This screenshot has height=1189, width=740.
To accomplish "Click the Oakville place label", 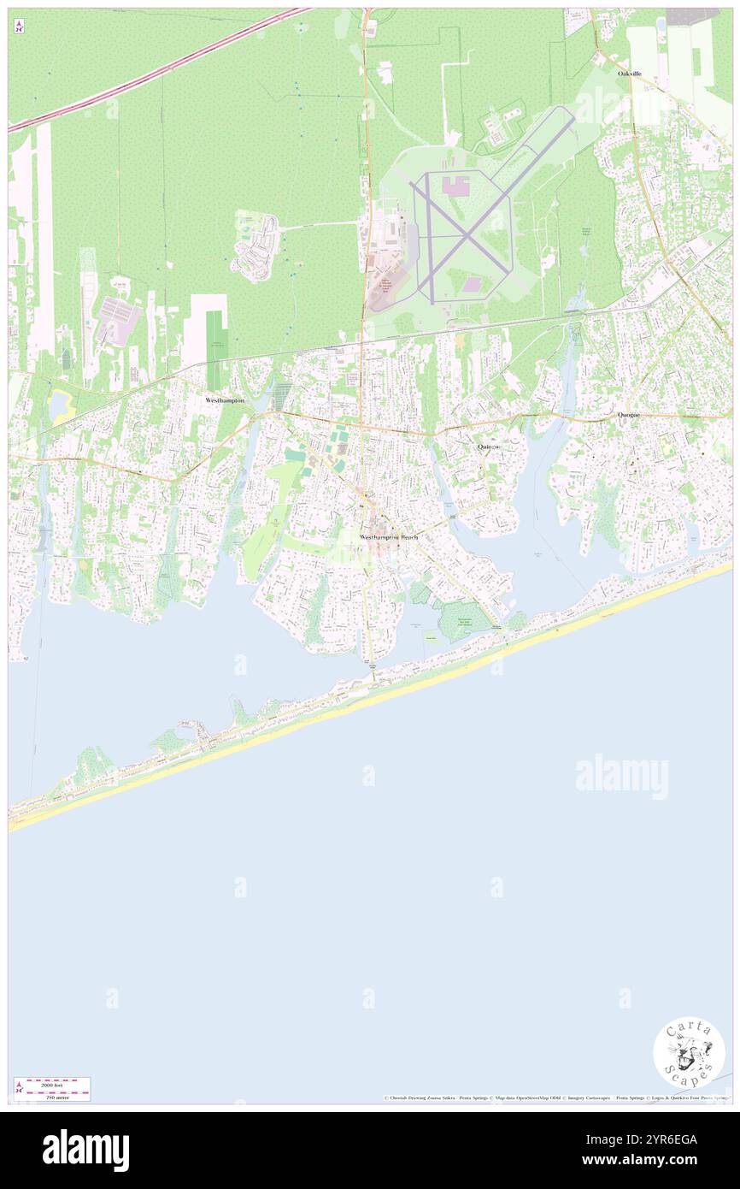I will coord(630,74).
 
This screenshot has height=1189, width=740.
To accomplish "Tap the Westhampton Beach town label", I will coord(389,537).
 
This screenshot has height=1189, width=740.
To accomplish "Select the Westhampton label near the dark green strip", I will coord(225,400).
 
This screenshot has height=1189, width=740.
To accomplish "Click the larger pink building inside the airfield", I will coord(458,186).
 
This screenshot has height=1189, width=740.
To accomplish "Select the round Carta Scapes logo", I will coord(689,1052).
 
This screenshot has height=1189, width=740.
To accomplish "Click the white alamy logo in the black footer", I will coord(85,1151).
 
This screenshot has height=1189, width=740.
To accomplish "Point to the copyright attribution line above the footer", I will coord(555,1097).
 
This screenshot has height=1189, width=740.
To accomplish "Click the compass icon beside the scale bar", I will coord(19,1088).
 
